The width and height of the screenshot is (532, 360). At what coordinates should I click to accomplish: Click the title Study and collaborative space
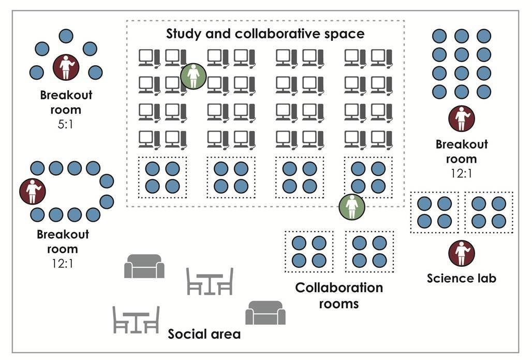point(265,34)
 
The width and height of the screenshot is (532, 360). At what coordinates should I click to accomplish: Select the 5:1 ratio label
point(66,123)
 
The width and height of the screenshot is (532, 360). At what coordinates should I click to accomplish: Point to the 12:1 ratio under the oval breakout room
point(63,264)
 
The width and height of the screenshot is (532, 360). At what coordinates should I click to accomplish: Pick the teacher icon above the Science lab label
point(461,254)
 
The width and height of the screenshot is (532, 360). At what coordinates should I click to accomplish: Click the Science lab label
point(461,278)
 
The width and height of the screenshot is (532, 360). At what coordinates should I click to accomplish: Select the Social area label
point(204,334)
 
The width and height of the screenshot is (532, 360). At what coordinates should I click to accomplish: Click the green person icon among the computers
point(193,76)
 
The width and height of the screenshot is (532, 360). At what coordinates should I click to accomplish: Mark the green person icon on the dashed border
point(352,206)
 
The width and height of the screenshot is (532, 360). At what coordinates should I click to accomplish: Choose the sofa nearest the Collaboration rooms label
point(265,313)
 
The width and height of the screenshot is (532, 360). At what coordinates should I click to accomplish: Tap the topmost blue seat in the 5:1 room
point(66,36)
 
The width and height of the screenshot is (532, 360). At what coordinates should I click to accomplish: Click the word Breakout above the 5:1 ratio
point(66,95)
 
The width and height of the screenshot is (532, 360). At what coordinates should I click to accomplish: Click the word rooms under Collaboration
point(338,303)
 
